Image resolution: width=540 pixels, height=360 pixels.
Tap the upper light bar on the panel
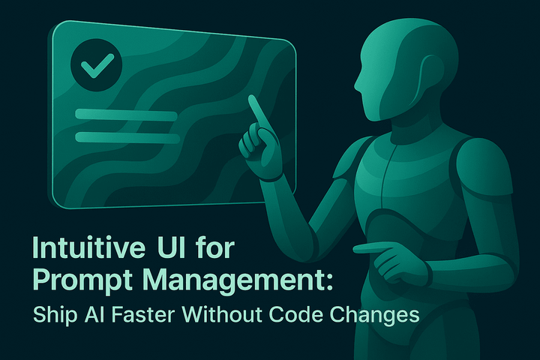(x=126, y=114)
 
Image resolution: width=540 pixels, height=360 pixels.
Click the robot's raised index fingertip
(x=252, y=99)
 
